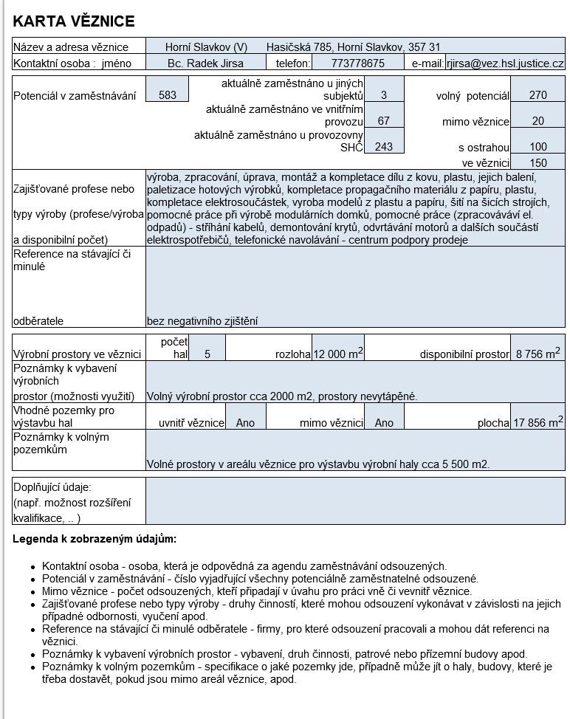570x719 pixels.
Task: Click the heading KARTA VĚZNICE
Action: click(x=74, y=21)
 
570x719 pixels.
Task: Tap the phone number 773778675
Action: click(x=358, y=63)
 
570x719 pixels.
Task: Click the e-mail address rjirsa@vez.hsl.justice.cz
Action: click(x=505, y=63)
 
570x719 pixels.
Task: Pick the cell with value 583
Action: click(x=168, y=95)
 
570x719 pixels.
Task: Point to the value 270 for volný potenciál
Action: click(x=538, y=95)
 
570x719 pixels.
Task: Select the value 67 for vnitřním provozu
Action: click(x=383, y=121)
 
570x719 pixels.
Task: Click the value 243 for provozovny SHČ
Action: click(x=383, y=147)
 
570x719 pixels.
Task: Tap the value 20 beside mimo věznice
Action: click(x=538, y=121)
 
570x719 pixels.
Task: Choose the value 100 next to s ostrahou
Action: click(x=538, y=147)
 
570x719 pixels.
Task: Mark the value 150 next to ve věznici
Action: click(x=538, y=163)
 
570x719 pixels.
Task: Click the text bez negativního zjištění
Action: click(x=202, y=321)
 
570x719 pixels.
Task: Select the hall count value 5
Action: click(x=207, y=354)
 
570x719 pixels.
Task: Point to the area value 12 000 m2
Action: click(x=338, y=354)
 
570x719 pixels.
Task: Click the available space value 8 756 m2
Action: click(x=538, y=354)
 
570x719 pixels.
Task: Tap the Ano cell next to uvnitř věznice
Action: click(x=245, y=423)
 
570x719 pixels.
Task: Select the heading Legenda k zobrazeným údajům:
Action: click(x=95, y=539)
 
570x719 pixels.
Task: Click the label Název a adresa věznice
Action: click(x=71, y=47)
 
